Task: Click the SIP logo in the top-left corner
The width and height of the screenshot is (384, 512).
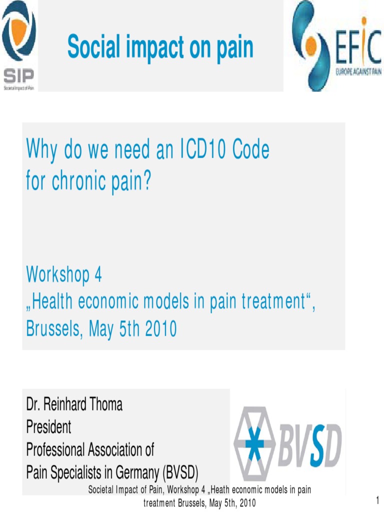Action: point(19,45)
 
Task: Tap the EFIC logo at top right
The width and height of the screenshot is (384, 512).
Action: point(336,45)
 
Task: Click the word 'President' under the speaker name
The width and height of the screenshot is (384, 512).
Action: point(48,427)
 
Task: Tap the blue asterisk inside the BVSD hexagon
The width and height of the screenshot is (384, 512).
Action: point(254,444)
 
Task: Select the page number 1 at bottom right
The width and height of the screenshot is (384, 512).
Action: point(377,500)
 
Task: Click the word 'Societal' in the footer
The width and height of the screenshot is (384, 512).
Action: point(103,490)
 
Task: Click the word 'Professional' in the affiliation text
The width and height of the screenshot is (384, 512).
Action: point(55,449)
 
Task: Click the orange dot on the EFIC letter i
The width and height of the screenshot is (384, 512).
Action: point(363,20)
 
